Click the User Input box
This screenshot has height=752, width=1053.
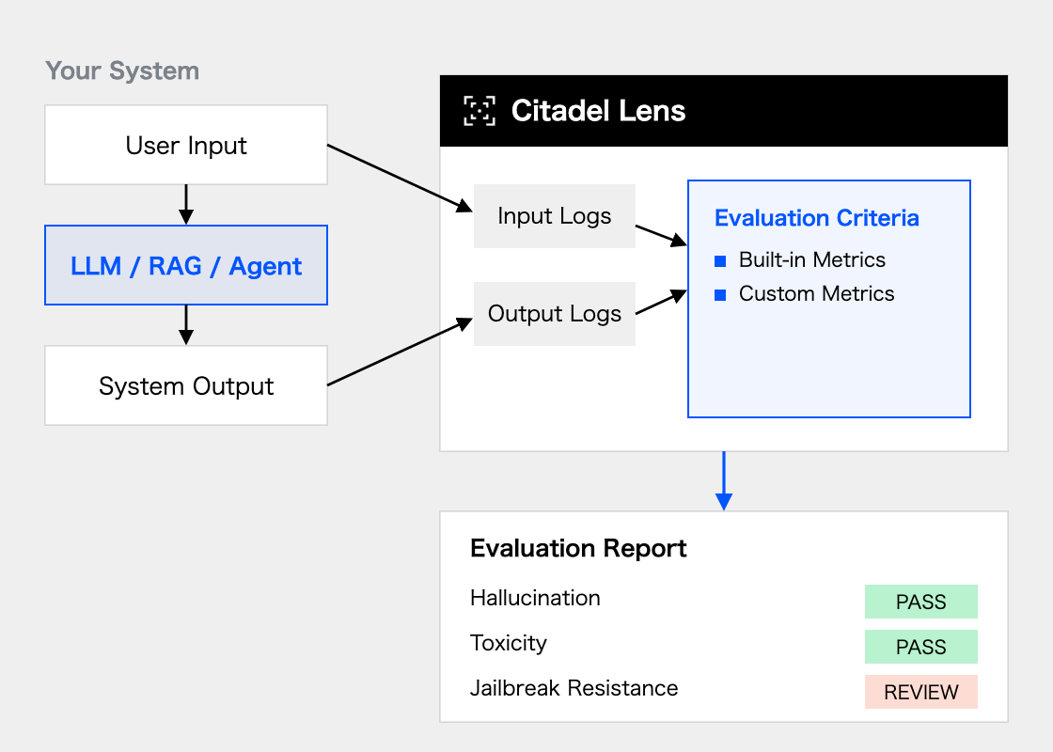click(x=186, y=145)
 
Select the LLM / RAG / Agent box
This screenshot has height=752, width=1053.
click(x=186, y=265)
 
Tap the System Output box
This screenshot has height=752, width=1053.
click(x=186, y=385)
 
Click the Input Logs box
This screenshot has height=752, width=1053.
click(x=555, y=216)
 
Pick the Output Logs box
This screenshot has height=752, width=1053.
click(x=555, y=314)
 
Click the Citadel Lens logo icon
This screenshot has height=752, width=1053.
click(x=479, y=111)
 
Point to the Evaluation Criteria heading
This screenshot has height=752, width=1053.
click(x=817, y=218)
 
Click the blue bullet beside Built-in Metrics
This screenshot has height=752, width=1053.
click(x=720, y=261)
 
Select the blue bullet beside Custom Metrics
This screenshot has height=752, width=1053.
click(x=720, y=295)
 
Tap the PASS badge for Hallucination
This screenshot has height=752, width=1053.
click(x=920, y=602)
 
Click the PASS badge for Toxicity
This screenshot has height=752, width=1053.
click(x=920, y=647)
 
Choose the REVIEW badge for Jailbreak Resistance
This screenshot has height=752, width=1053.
click(x=920, y=692)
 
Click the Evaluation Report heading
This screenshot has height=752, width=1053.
click(x=578, y=549)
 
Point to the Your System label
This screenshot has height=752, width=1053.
click(x=122, y=70)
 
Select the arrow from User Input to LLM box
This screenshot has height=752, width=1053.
click(x=186, y=205)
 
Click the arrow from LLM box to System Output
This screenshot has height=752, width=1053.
click(x=186, y=325)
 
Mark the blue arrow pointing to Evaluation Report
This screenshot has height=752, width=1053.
click(x=724, y=480)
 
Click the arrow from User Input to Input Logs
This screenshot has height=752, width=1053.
click(x=401, y=178)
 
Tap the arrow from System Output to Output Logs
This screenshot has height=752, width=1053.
click(x=401, y=352)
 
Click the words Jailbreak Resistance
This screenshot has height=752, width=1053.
click(x=574, y=688)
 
